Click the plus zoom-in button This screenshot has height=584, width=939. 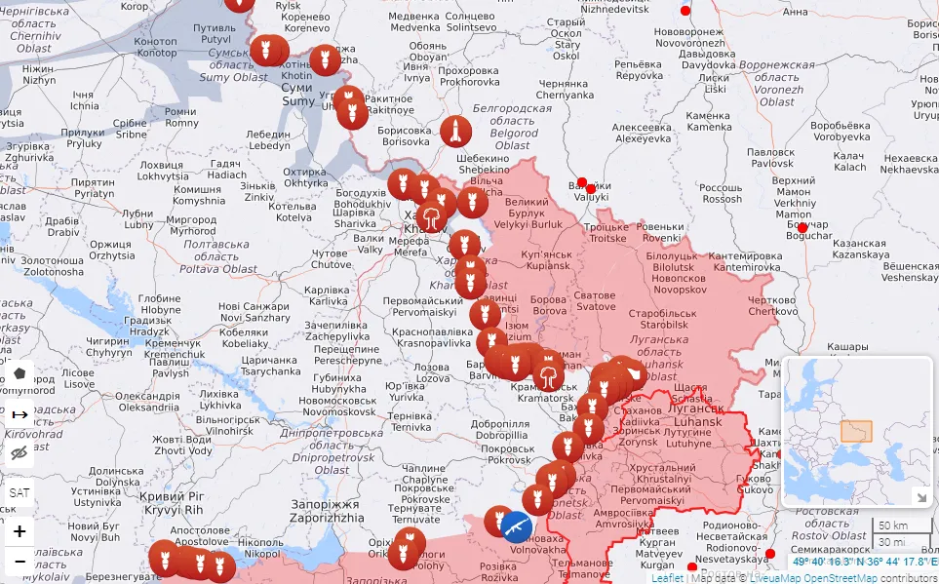19,532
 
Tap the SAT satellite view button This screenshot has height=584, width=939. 19,492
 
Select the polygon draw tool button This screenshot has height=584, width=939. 19,374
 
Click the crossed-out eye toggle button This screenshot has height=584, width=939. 19,452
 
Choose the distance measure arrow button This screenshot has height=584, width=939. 19,414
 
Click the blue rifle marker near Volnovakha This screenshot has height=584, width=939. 516,526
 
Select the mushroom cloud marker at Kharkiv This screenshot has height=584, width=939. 430,215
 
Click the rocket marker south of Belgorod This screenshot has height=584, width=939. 455,132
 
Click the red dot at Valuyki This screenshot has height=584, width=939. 582,182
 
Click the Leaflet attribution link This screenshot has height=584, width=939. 667,577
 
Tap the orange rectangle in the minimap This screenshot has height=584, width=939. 856,431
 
